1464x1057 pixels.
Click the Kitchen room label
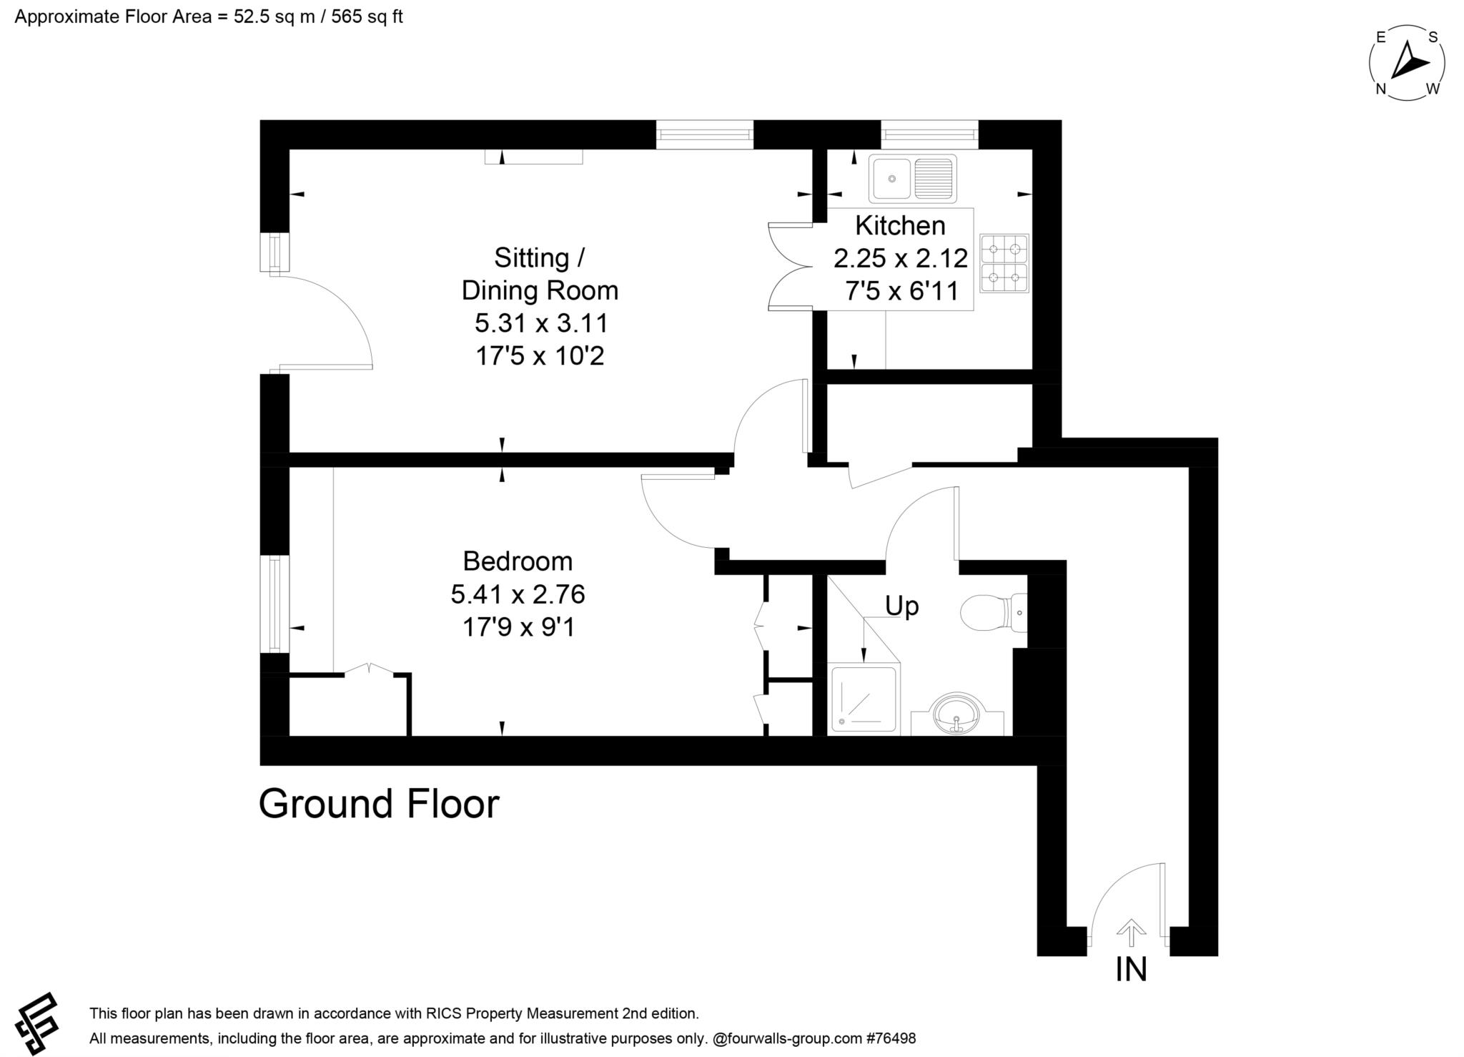900,225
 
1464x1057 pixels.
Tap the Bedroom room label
518,561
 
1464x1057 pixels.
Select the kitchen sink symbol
912,179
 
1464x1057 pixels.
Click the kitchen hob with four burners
1004,263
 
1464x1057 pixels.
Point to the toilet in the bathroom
994,612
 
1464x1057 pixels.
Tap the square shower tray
862,699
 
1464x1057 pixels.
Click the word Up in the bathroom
901,606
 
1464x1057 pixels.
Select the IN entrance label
1131,970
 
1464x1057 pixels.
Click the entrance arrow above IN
1131,933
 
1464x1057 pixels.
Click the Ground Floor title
379,804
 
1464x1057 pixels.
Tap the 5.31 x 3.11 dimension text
541,323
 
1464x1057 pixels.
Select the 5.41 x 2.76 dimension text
518,594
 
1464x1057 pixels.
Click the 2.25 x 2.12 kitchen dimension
901,257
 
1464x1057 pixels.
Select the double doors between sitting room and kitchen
791,266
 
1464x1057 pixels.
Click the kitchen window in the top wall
929,134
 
